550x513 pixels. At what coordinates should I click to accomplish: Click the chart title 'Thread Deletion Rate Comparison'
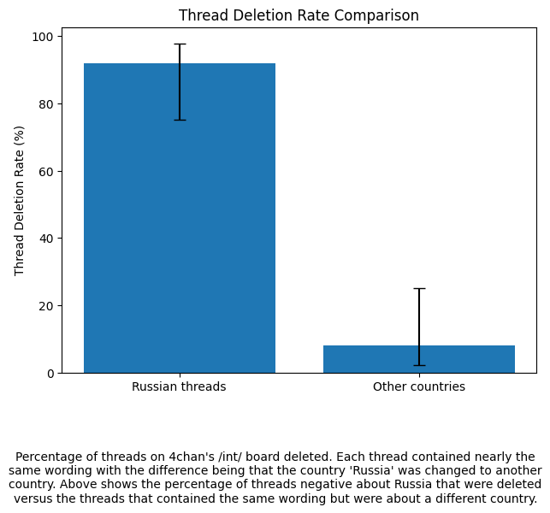299,15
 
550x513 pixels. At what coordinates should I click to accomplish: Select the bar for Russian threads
180,218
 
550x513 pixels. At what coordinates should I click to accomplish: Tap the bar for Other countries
419,359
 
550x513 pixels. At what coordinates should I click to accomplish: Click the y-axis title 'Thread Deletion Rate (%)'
19,201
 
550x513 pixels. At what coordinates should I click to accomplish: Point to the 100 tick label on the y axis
43,37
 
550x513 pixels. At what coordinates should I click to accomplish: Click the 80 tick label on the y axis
46,104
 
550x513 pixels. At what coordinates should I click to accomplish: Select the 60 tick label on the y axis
46,172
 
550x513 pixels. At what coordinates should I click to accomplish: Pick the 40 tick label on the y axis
46,239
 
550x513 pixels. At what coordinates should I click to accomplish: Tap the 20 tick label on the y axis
46,306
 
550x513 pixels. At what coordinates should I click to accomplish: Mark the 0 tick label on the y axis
50,374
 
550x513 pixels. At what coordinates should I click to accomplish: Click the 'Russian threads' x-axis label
179,386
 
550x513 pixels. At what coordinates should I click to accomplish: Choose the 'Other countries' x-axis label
419,386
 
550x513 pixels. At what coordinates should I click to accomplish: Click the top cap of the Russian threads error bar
180,44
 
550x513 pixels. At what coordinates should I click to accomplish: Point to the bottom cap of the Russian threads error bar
180,121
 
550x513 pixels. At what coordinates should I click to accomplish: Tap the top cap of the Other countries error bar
419,289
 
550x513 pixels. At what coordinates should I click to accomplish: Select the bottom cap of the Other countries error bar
419,366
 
